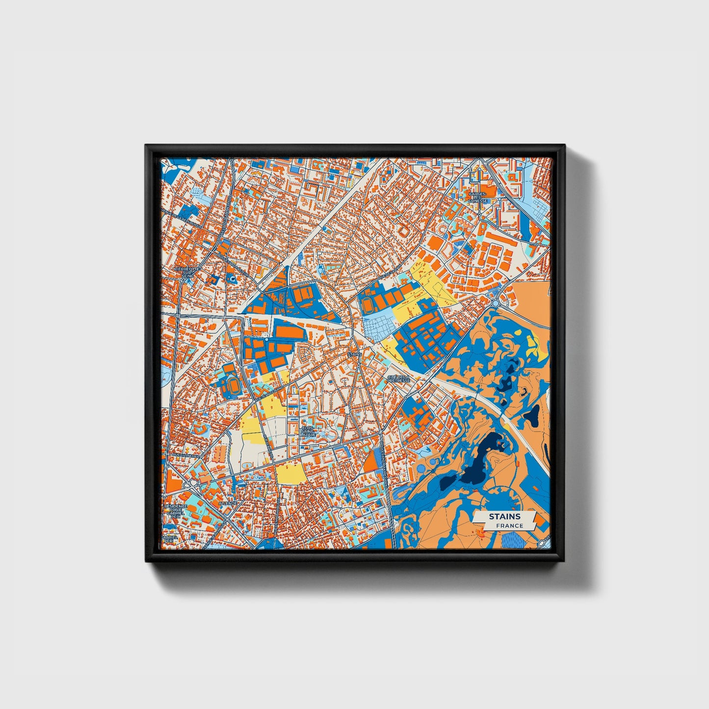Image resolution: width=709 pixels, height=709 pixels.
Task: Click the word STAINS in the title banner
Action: [x=504, y=517]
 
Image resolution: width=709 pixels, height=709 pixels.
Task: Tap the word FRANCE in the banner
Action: [x=509, y=525]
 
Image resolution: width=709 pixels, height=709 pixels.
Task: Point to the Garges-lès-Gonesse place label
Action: [x=477, y=197]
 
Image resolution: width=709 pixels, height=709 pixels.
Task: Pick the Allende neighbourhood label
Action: [x=228, y=503]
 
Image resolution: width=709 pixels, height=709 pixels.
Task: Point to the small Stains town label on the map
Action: [x=353, y=353]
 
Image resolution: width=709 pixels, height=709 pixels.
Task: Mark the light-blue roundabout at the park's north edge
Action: [x=496, y=303]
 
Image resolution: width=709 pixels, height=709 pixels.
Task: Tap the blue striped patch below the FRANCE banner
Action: [x=513, y=540]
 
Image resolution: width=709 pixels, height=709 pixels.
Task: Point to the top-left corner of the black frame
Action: [x=147, y=146]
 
